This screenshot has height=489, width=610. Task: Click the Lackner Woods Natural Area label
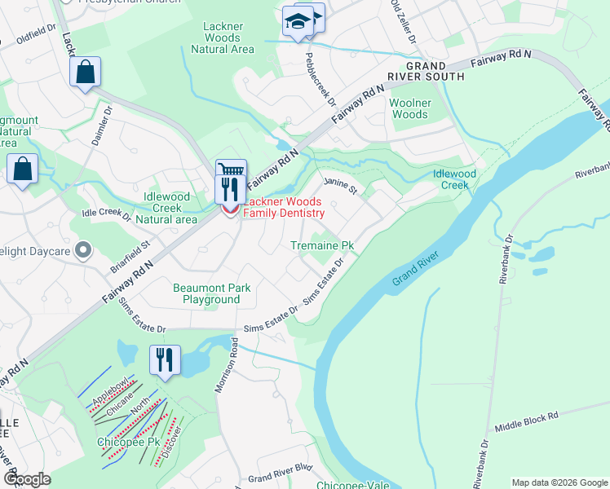click(x=223, y=37)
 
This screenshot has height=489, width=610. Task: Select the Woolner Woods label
click(x=409, y=108)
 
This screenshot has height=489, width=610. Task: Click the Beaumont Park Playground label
click(x=211, y=293)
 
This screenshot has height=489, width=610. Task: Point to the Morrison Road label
click(x=228, y=366)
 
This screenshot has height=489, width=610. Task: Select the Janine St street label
click(x=342, y=186)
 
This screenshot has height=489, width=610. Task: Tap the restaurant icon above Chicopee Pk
click(x=165, y=359)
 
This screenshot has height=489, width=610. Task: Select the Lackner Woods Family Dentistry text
click(x=284, y=207)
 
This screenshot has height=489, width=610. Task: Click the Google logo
click(x=27, y=479)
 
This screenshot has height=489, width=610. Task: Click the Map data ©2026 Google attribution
click(x=559, y=482)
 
